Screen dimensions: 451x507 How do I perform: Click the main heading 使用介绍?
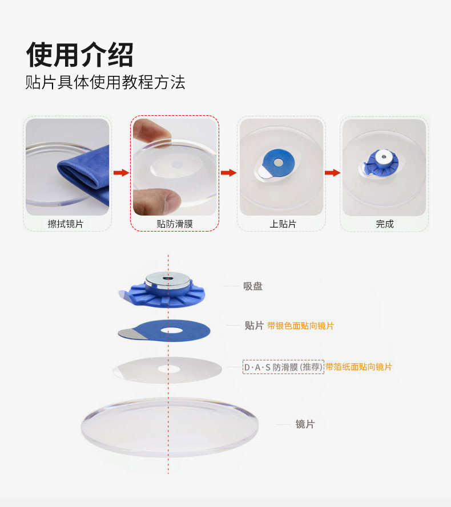click(x=80, y=55)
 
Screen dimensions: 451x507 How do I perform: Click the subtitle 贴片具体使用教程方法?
click(x=105, y=82)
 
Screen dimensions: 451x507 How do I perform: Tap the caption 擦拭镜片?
click(x=66, y=224)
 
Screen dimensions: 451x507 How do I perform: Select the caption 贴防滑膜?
click(x=175, y=224)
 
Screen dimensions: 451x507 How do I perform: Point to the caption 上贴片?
click(x=283, y=224)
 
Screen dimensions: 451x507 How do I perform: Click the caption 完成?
click(x=385, y=224)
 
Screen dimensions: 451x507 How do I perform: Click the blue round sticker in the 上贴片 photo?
click(x=278, y=163)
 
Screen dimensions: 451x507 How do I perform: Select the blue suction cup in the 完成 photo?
click(x=381, y=163)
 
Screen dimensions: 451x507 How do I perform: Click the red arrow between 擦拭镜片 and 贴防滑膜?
click(x=122, y=172)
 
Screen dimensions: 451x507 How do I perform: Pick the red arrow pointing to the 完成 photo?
click(x=332, y=172)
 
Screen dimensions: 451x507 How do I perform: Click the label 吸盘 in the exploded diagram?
click(x=253, y=286)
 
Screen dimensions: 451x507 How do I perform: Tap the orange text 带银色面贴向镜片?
click(x=300, y=326)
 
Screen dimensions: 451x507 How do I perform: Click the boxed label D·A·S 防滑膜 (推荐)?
click(x=283, y=367)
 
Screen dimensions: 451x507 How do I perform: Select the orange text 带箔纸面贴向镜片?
click(x=359, y=367)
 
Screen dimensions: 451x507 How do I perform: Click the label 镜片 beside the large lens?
click(x=305, y=424)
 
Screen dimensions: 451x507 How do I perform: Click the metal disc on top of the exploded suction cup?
click(x=168, y=281)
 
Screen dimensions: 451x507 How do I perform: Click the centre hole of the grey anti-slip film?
click(x=168, y=368)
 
